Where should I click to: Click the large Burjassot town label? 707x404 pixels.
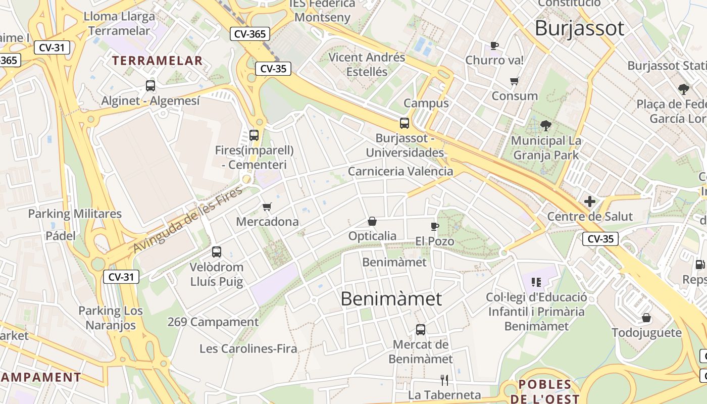(579, 28)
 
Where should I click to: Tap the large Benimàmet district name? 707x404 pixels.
(391, 298)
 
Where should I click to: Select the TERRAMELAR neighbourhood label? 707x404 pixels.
(157, 61)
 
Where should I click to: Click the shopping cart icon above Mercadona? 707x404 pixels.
(267, 207)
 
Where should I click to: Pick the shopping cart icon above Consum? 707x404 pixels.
(515, 81)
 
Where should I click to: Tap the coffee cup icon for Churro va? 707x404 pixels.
(494, 46)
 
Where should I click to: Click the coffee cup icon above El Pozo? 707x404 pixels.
(435, 226)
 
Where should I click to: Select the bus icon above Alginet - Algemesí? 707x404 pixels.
(150, 85)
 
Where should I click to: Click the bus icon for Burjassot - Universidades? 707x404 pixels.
(405, 123)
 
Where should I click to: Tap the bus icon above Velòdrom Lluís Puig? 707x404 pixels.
(217, 251)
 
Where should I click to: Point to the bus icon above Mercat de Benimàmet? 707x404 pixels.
(421, 330)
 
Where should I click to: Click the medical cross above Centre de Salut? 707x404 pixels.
(590, 202)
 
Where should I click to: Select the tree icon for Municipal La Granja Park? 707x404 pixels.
(545, 126)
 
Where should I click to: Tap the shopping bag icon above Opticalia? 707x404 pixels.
(372, 221)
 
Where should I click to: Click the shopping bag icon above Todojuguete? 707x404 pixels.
(646, 318)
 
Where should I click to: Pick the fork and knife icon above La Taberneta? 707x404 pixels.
(444, 380)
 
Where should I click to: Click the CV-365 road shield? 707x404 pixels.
(250, 34)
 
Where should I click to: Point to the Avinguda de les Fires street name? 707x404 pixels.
(188, 219)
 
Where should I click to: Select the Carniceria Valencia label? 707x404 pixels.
(400, 171)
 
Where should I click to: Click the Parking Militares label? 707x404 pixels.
(75, 214)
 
